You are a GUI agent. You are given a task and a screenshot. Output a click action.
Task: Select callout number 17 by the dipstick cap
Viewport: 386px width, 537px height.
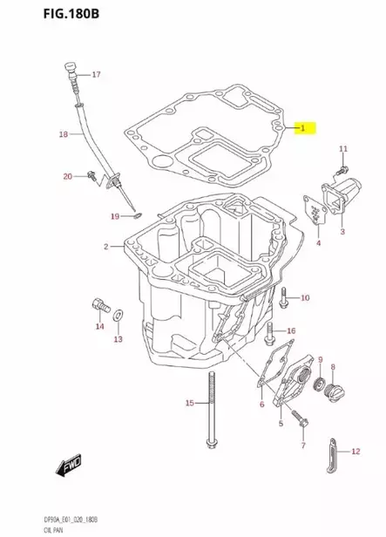pyautogui.click(x=96, y=74)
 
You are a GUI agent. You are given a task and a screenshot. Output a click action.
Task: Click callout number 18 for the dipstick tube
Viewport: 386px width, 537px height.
pyautogui.click(x=63, y=134)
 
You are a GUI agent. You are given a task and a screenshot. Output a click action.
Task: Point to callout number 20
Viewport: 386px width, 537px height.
pyautogui.click(x=68, y=177)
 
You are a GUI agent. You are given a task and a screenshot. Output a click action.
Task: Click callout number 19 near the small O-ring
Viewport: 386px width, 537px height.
pyautogui.click(x=114, y=216)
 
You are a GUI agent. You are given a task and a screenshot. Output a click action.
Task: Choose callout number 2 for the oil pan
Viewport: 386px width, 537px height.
pyautogui.click(x=106, y=247)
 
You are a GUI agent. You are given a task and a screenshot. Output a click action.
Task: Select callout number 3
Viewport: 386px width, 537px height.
pyautogui.click(x=342, y=232)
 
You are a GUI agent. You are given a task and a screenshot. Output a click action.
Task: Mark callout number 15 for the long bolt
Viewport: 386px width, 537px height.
pyautogui.click(x=189, y=403)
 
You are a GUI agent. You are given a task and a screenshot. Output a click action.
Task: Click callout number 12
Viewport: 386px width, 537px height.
pyautogui.click(x=355, y=451)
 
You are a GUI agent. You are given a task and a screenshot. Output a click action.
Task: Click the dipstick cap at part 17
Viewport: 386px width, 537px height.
pyautogui.click(x=71, y=67)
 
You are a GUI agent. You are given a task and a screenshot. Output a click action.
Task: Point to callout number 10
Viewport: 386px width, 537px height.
pyautogui.click(x=304, y=299)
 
